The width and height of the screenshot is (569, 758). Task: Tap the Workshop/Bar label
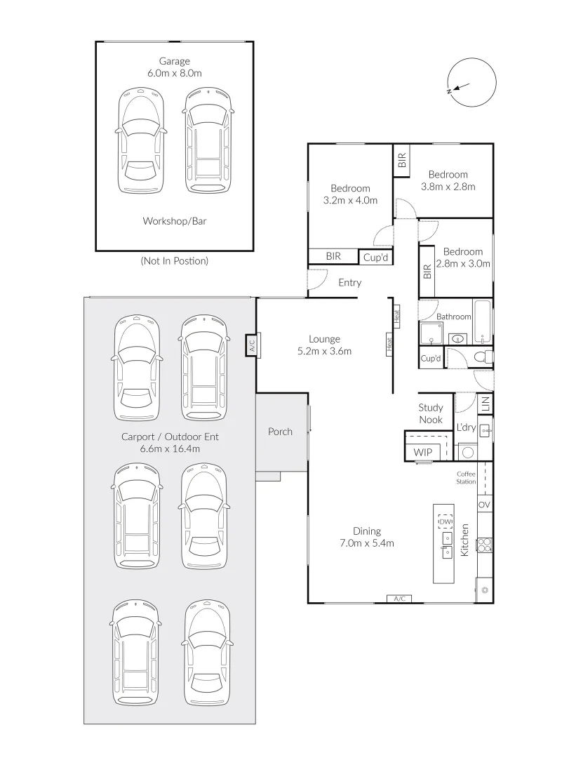(x=175, y=221)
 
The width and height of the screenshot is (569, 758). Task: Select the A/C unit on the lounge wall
(x=251, y=345)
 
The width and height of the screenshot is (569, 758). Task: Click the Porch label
(x=281, y=431)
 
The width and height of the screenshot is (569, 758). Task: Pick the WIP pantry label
(x=422, y=453)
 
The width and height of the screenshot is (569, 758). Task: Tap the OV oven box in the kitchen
(x=484, y=504)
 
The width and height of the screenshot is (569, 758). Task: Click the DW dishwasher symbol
(x=445, y=522)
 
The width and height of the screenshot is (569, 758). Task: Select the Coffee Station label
(x=466, y=478)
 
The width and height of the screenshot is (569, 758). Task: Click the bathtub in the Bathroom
(x=482, y=322)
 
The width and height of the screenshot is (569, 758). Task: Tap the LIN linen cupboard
(x=486, y=403)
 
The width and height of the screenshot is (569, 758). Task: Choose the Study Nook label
(x=431, y=413)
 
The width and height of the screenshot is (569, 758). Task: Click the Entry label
(x=349, y=282)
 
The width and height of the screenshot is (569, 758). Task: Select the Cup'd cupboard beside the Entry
(x=375, y=257)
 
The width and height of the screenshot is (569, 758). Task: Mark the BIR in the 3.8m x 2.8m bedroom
(x=402, y=160)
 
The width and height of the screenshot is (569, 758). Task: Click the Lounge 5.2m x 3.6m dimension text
(x=324, y=345)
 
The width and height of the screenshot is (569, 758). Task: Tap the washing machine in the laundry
(x=467, y=453)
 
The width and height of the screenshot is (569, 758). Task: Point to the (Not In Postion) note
(x=175, y=260)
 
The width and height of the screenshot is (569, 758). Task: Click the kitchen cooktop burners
(x=484, y=545)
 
